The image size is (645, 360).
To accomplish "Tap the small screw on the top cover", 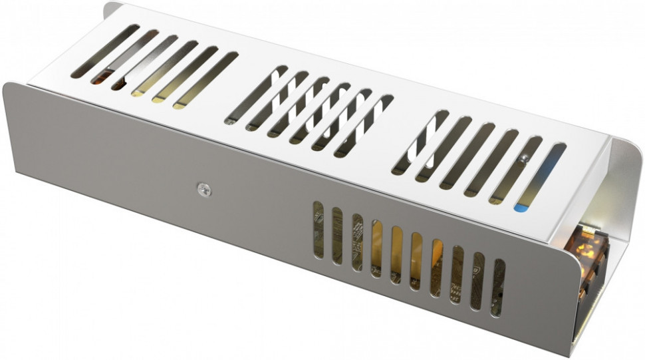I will (525, 158).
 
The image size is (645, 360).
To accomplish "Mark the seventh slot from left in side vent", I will (436, 266).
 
